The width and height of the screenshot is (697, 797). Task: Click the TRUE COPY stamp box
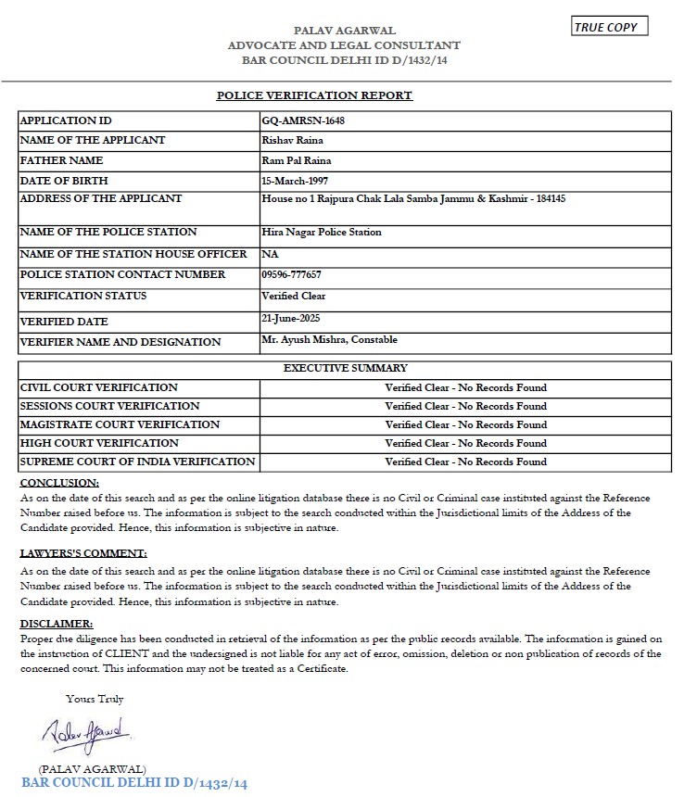(x=609, y=27)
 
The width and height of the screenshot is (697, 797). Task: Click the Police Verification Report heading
(x=314, y=95)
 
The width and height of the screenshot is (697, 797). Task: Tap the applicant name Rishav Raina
(x=293, y=140)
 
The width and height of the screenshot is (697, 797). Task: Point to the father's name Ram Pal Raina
(x=297, y=160)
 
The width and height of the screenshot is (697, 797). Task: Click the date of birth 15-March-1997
(x=295, y=181)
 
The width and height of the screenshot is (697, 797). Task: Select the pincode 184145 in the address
(x=549, y=198)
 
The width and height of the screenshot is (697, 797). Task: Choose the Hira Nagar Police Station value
(x=322, y=232)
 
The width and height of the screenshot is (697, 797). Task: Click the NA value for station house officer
(x=270, y=254)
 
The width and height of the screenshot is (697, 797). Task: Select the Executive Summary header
(x=345, y=368)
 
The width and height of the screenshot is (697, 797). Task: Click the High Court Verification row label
(x=99, y=443)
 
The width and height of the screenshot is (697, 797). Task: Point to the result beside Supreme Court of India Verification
(x=465, y=462)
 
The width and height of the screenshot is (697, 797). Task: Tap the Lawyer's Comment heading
(x=83, y=553)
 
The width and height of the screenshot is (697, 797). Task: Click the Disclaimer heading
(x=57, y=624)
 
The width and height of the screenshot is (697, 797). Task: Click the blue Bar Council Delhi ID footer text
(x=134, y=783)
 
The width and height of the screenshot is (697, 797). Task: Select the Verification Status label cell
(x=83, y=297)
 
